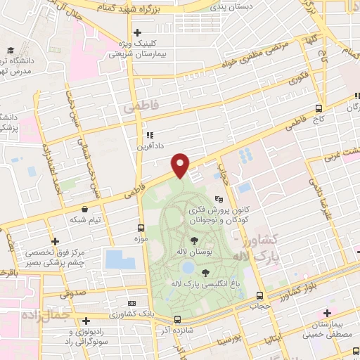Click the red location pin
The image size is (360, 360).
tap(181, 165)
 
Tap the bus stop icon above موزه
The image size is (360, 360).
tap(141, 228)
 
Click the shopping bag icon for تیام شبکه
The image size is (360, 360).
tap(85, 209)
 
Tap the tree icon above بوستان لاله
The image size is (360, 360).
tap(194, 240)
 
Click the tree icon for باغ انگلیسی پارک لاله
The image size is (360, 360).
tap(205, 273)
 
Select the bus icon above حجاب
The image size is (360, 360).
tap(260, 295)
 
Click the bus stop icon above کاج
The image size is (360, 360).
tap(319, 108)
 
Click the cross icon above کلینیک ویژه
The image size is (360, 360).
tap(137, 32)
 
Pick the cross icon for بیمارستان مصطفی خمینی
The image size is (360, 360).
tap(327, 313)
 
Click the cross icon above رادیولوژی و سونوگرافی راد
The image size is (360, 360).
tap(85, 320)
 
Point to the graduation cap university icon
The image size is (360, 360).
tap(11, 50)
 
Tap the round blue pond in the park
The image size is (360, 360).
tap(187, 268)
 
